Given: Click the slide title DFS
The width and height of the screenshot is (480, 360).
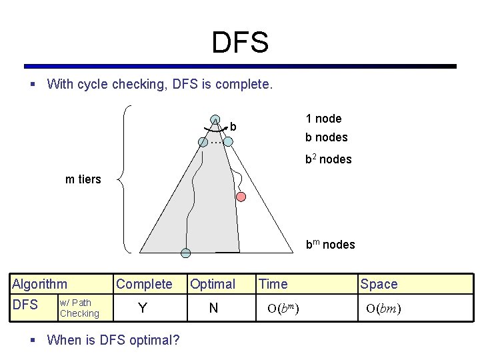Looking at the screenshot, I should coord(240,43).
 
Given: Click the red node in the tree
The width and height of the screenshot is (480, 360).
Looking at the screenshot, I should coord(241,197).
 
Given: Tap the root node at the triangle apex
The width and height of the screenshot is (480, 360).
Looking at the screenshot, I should coord(215,120).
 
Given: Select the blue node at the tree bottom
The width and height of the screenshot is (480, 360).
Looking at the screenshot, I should coord(186,253).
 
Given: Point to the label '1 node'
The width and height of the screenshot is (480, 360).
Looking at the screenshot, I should coord(323,119).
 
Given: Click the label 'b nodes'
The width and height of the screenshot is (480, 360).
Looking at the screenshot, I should coord(326,137).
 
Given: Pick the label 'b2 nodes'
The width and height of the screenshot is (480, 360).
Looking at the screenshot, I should coord(328,159).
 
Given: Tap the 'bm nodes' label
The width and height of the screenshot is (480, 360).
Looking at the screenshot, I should coord(330,245).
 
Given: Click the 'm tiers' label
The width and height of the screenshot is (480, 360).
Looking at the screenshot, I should coord(83,179).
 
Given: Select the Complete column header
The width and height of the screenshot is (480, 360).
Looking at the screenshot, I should coord(144,284).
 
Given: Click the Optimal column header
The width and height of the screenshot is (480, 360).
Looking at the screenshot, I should coord(213,284).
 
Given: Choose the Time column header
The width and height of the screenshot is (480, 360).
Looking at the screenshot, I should coord(273,284).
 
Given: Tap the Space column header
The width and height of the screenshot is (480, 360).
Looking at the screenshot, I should coord(379,284).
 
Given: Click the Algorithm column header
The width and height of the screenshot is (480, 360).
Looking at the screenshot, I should coord(39,284).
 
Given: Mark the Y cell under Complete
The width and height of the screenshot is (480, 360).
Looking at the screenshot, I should coord(142,308).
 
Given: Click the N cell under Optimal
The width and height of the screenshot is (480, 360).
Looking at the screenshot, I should coord(213,308).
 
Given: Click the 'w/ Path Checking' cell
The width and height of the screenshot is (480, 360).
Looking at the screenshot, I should coord(79,308).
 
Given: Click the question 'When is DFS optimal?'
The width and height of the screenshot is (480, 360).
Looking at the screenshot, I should coord(113,340).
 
